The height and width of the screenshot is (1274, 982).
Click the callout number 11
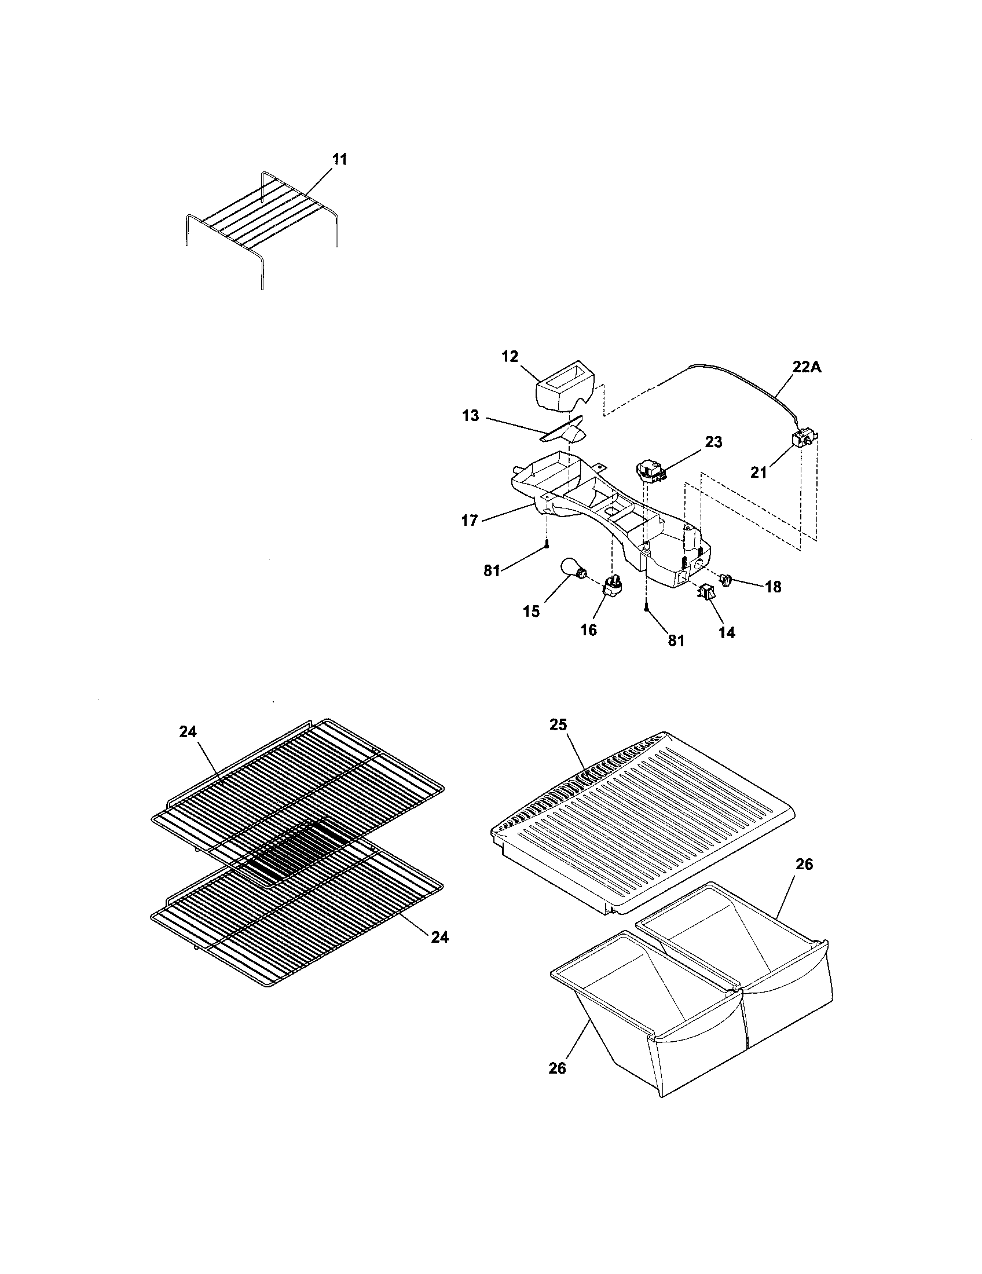(x=339, y=159)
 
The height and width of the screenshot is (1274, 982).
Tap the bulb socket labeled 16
(x=612, y=585)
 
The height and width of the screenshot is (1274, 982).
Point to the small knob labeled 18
(x=727, y=579)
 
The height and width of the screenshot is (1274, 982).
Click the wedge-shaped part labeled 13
(x=565, y=433)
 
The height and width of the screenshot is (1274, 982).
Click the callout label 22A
(x=807, y=367)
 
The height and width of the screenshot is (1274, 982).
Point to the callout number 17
(x=470, y=521)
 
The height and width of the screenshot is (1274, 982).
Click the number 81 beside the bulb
(x=492, y=570)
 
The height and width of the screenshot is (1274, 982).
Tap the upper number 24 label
(x=188, y=731)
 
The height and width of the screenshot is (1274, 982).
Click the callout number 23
(x=713, y=442)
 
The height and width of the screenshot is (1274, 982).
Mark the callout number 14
(x=727, y=632)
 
